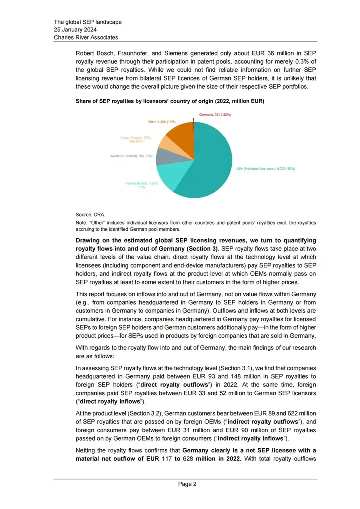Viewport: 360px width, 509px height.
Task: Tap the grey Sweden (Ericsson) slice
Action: click(166, 156)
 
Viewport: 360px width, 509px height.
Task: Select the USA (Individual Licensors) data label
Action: click(266, 169)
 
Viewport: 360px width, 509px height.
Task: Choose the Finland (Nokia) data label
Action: click(142, 186)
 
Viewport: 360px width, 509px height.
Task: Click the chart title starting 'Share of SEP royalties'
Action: click(170, 102)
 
